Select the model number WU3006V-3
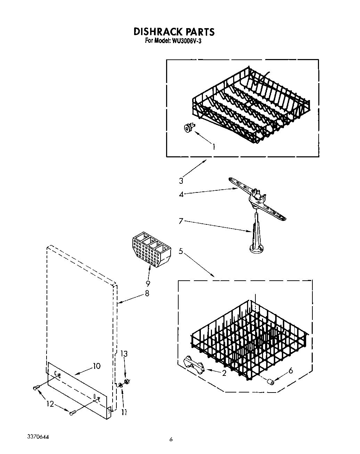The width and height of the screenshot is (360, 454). pyautogui.click(x=188, y=41)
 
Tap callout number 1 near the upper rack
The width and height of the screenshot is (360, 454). pyautogui.click(x=213, y=147)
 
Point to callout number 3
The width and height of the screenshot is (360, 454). pyautogui.click(x=181, y=180)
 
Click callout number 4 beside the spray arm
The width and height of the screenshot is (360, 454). pyautogui.click(x=181, y=194)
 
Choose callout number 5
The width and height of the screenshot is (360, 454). pyautogui.click(x=181, y=250)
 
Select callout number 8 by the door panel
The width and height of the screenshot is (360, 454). pyautogui.click(x=147, y=294)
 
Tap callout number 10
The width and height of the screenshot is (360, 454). pyautogui.click(x=96, y=366)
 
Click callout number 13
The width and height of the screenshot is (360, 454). pyautogui.click(x=124, y=354)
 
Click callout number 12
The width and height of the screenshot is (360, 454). pyautogui.click(x=51, y=404)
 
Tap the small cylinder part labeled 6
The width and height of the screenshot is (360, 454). pyautogui.click(x=270, y=382)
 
